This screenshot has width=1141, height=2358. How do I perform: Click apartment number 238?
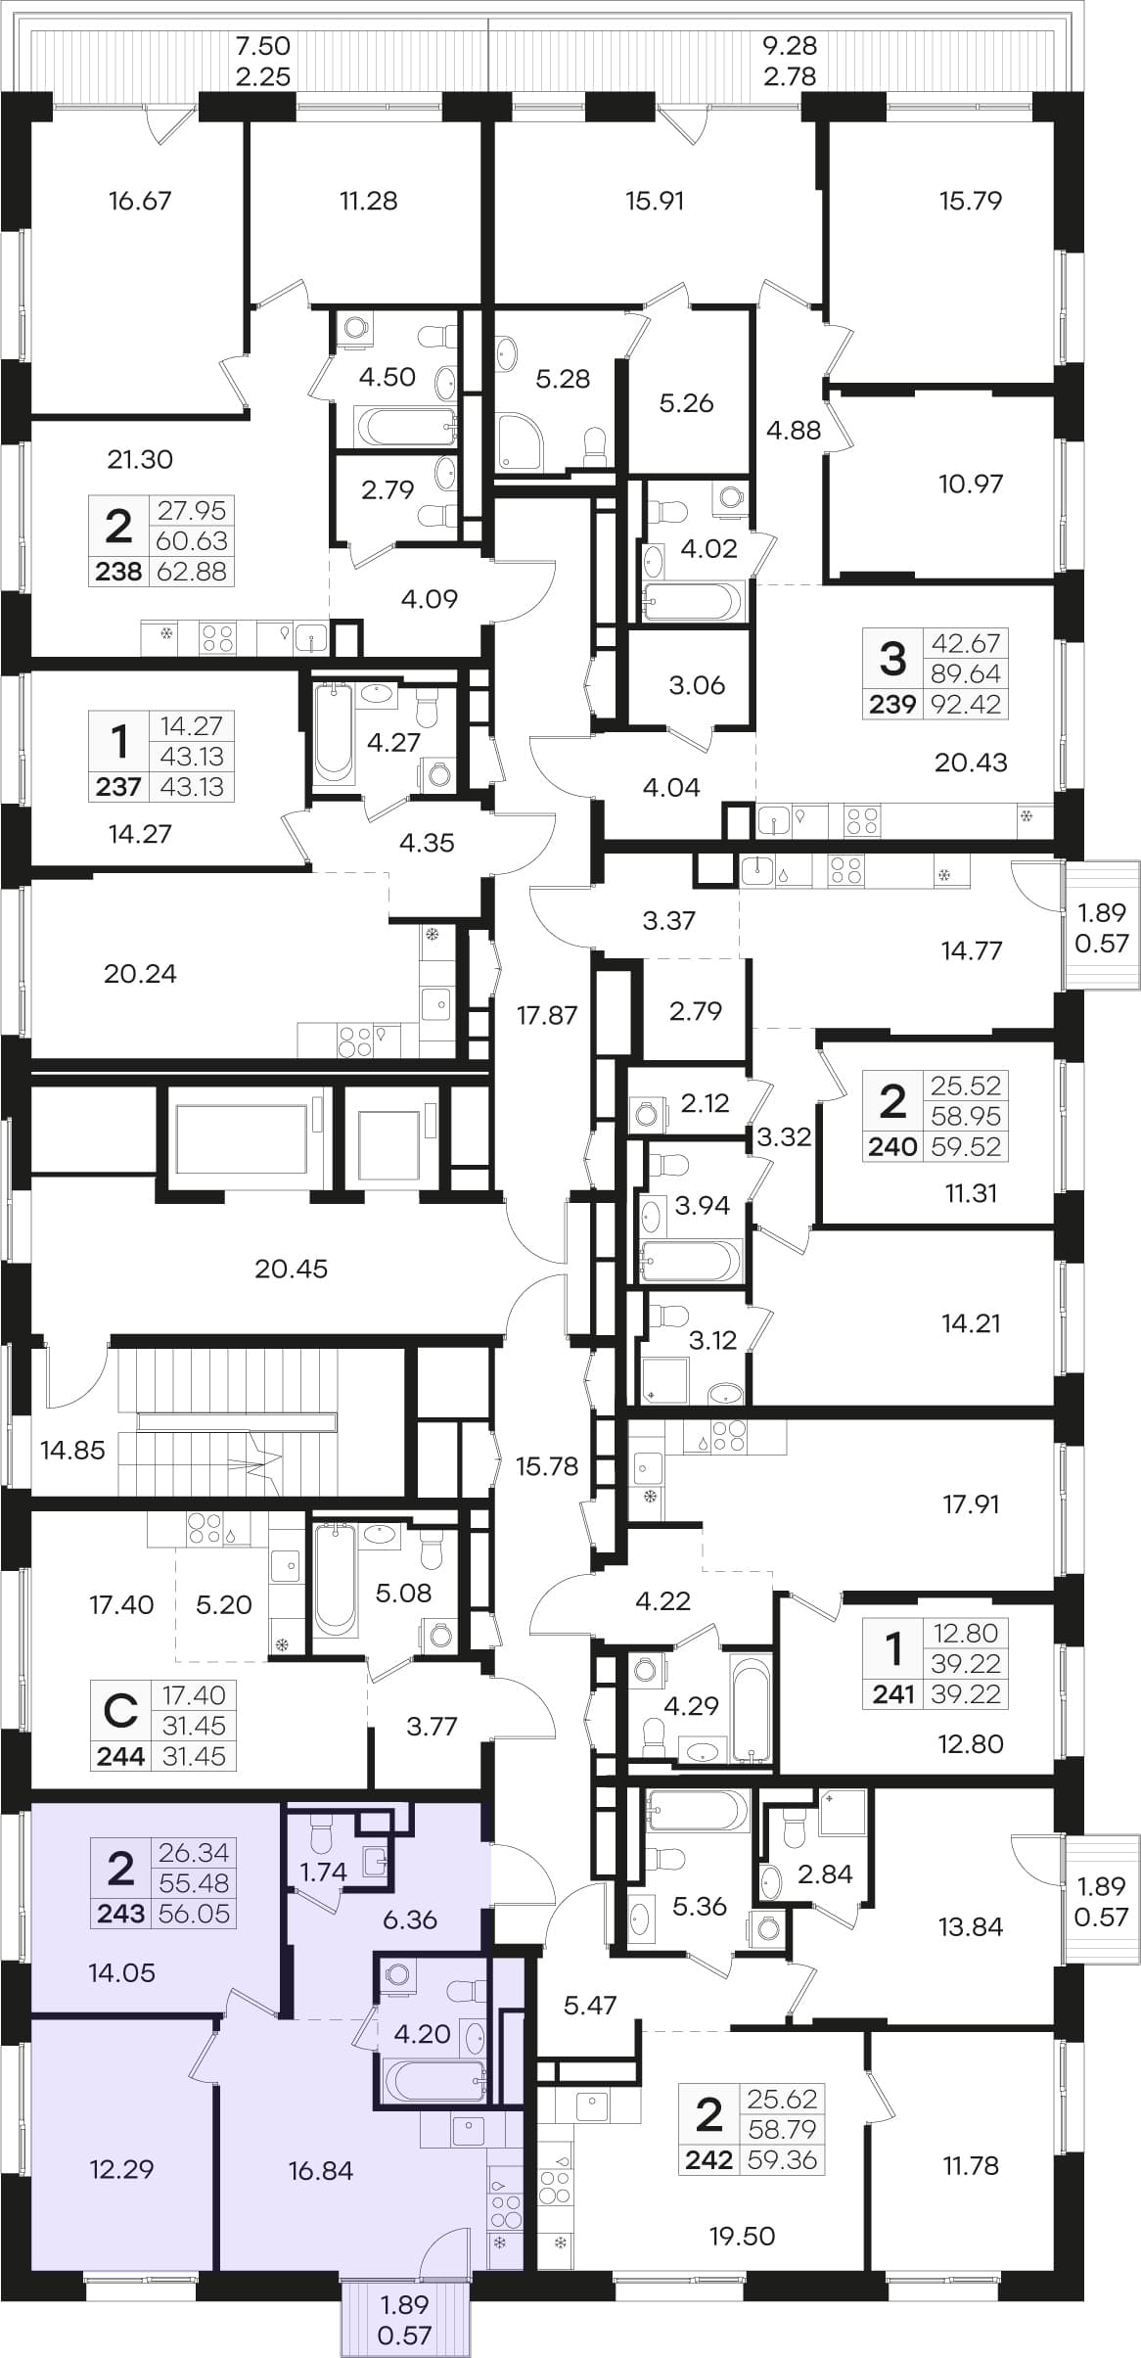[x=118, y=572]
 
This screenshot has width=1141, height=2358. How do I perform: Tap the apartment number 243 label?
[x=121, y=1913]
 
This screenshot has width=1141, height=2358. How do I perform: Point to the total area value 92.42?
[x=966, y=704]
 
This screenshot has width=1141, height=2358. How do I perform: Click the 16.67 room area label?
[x=140, y=201]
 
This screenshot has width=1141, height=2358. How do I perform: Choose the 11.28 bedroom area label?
[x=368, y=201]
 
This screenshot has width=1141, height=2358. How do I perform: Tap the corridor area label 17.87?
[x=547, y=1015]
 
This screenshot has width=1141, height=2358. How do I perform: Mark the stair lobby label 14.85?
[x=72, y=1450]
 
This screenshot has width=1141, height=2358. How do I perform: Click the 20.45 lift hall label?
[x=291, y=1269]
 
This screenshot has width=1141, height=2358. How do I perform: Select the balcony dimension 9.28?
[x=790, y=45]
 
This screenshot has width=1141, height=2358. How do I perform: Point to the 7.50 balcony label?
[x=264, y=45]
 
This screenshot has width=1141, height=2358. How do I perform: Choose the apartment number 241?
[x=892, y=1693]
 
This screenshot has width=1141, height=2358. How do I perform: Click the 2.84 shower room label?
[x=825, y=1873]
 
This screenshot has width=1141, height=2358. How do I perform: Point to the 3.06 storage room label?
[x=697, y=685]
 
